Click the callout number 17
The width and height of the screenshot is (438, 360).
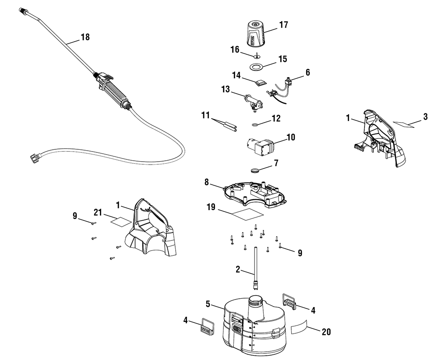[x=283, y=25]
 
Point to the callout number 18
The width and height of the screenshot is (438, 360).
[x=85, y=37]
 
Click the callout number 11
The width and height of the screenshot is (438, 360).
[x=206, y=116]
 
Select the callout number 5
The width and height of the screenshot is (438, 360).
[x=209, y=303]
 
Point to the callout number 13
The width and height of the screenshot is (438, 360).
[x=226, y=89]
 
